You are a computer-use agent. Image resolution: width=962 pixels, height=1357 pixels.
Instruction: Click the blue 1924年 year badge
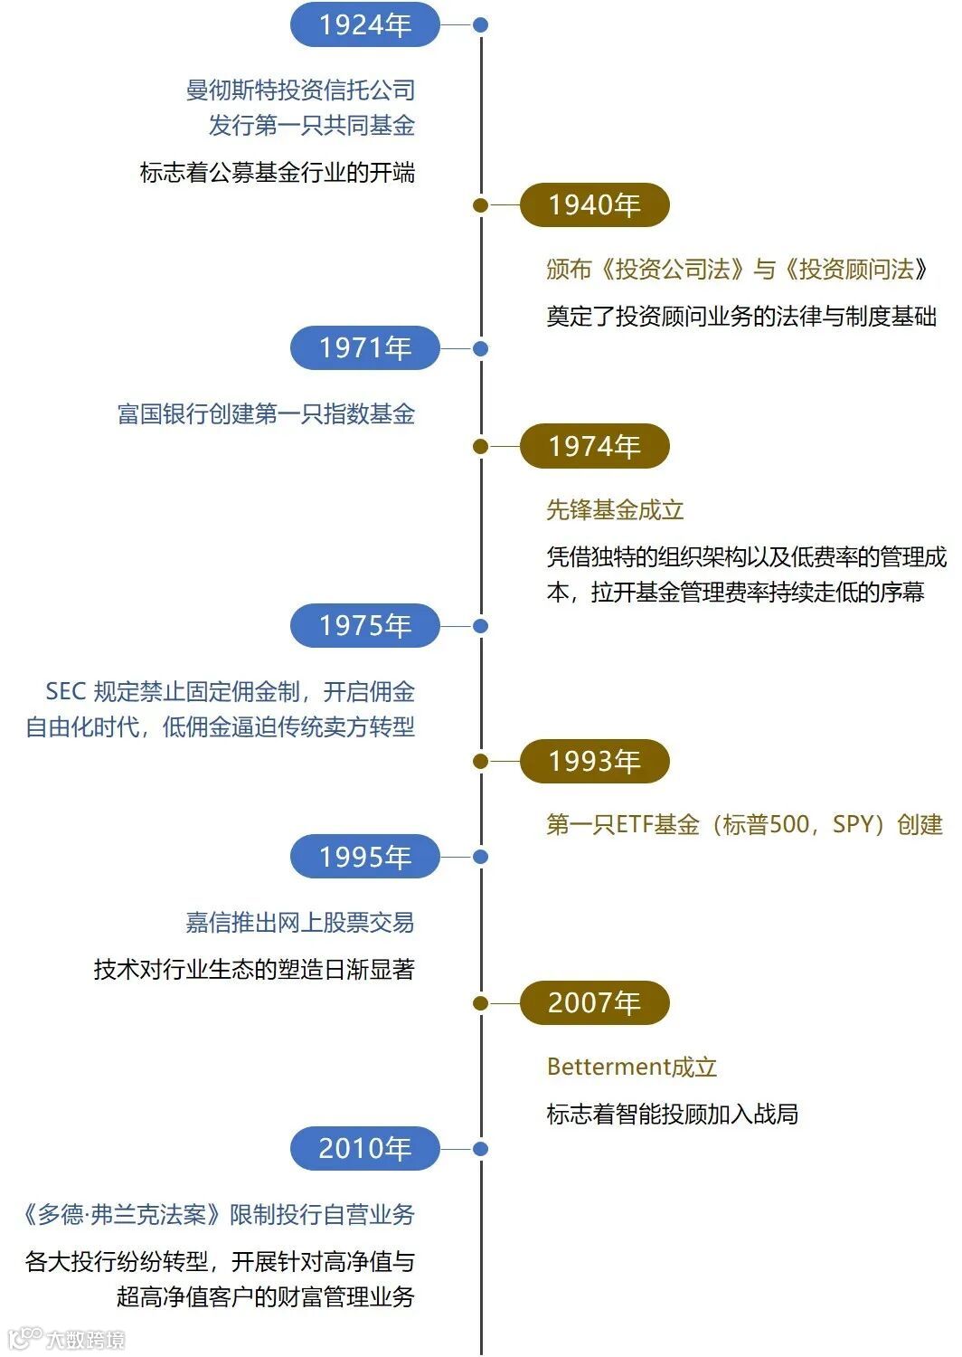tap(364, 24)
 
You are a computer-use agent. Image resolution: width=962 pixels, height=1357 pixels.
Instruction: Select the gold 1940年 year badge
tap(594, 205)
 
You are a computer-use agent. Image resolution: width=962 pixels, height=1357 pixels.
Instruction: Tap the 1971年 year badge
tap(364, 348)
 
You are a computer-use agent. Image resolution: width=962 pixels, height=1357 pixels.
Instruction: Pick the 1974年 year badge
tap(594, 446)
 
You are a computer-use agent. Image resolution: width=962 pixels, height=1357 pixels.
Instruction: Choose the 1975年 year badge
tap(364, 626)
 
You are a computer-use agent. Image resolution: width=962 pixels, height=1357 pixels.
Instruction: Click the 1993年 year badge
tap(594, 761)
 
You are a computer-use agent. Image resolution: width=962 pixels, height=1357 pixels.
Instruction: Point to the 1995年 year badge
tap(364, 857)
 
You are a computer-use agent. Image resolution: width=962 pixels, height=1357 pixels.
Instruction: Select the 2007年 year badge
tap(594, 1002)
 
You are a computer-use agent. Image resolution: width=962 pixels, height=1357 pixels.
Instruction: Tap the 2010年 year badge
tap(364, 1149)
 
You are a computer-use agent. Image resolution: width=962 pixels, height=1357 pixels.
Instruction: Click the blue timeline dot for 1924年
tap(481, 24)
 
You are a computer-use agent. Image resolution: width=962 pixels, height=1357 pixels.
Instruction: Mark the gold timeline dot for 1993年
tap(481, 761)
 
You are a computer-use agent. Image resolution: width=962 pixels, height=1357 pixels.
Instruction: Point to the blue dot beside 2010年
tap(481, 1149)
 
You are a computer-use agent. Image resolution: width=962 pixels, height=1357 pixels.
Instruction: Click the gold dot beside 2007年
tap(481, 1002)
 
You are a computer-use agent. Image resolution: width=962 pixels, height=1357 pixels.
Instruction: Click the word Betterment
tap(608, 1068)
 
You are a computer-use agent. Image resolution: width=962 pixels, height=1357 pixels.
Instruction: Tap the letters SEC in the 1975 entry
tap(65, 692)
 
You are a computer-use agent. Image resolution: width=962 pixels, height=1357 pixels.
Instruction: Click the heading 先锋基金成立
tap(615, 510)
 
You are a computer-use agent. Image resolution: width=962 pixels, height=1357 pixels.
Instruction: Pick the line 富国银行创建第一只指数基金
tap(266, 414)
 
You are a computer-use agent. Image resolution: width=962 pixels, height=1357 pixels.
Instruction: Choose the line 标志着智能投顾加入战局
tap(672, 1115)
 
